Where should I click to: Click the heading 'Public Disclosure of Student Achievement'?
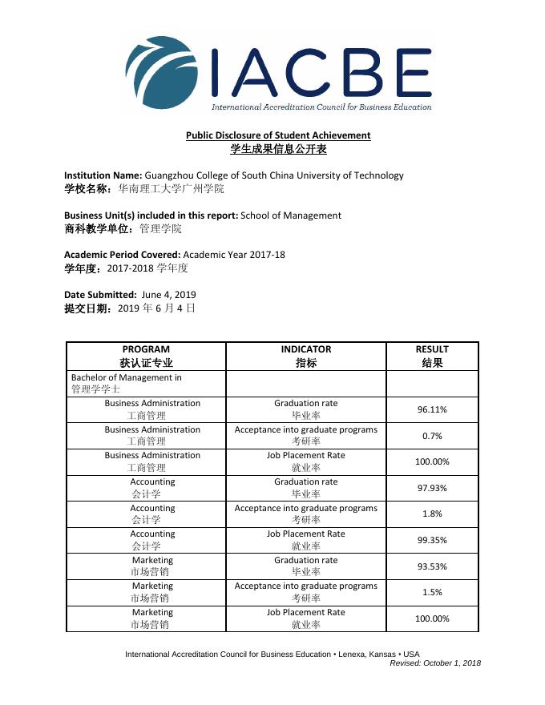tap(278, 135)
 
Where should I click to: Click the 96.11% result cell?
tap(432, 409)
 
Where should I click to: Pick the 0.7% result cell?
tap(432, 436)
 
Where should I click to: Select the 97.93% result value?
tap(432, 488)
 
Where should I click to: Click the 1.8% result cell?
tap(432, 514)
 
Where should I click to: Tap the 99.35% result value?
tap(432, 540)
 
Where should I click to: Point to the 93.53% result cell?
tap(432, 566)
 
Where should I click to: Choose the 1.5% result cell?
tap(432, 592)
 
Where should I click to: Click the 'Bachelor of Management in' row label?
tap(127, 377)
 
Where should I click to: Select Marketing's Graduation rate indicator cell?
tap(306, 566)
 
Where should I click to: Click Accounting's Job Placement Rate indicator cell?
tap(306, 540)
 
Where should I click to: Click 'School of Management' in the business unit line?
tap(291, 215)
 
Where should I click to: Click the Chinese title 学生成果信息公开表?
tap(278, 149)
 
